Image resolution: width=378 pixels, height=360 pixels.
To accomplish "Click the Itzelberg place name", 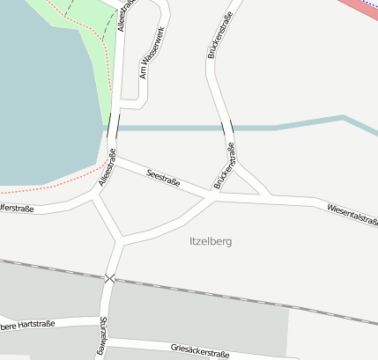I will click(x=211, y=240).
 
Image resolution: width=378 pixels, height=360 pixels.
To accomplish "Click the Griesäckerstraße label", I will click(x=200, y=350).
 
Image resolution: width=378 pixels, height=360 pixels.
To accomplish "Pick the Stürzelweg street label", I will click(x=103, y=337).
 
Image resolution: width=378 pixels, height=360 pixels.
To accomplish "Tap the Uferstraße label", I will click(x=16, y=209).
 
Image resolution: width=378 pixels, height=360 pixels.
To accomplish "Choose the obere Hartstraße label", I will click(x=26, y=324).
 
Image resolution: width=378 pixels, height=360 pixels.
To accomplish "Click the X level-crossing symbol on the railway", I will click(x=109, y=278).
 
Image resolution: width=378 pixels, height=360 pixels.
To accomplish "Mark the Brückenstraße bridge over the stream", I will click(x=228, y=129).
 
